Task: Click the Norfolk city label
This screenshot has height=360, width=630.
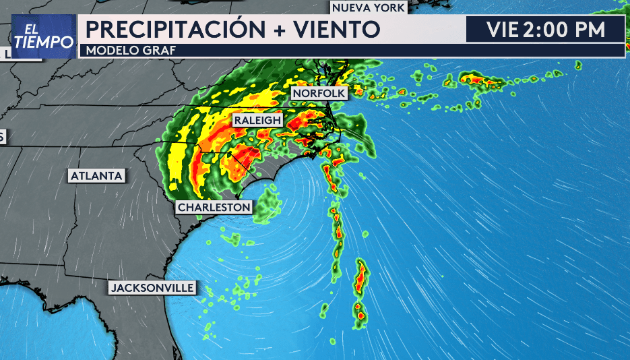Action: point(319,93)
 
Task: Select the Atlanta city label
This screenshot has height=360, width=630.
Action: point(96,176)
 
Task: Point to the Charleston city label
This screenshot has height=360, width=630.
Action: point(214,208)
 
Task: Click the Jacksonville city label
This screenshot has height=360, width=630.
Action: point(153,288)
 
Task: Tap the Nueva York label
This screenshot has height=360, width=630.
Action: point(369,8)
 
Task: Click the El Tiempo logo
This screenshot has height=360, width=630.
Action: point(43,36)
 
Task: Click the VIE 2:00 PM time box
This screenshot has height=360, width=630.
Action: point(546,30)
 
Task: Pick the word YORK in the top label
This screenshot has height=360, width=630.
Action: point(390,8)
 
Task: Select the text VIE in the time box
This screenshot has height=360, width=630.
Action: point(502,30)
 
